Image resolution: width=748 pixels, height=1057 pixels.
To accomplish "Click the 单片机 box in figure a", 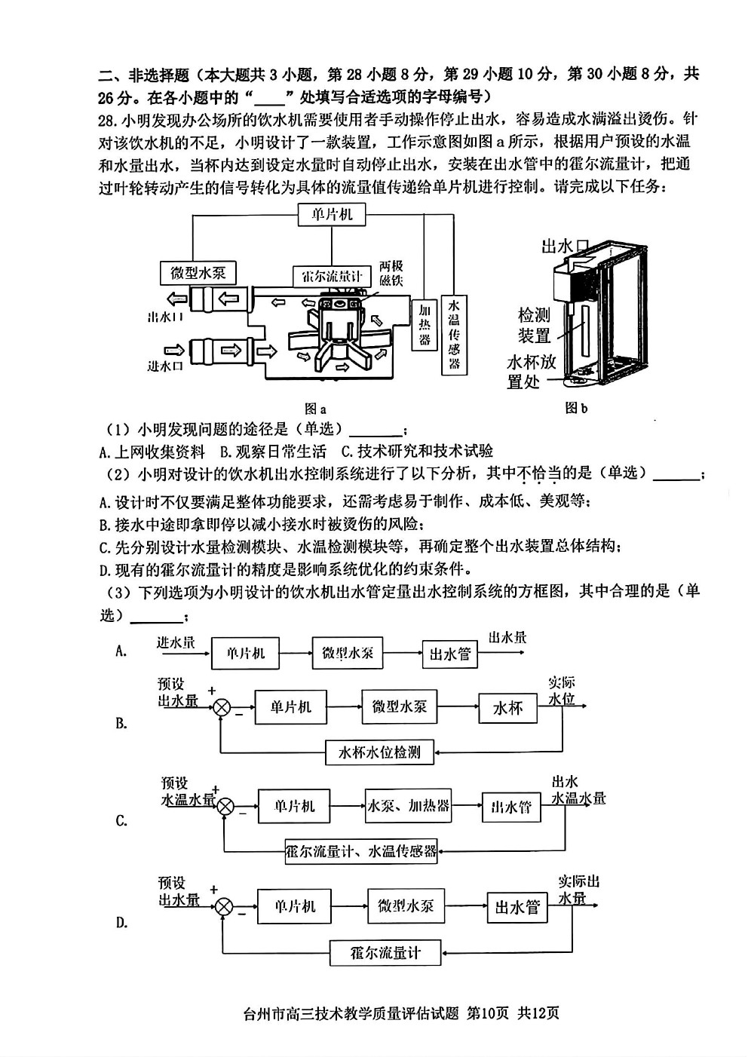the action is point(332,215).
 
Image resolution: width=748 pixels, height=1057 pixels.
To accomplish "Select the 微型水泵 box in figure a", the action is point(198,273).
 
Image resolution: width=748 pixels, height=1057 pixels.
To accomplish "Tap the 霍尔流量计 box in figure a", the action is point(332,276).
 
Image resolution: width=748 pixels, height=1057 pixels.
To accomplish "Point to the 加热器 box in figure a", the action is point(425,325).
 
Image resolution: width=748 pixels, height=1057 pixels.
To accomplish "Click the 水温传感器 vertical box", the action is point(454,335).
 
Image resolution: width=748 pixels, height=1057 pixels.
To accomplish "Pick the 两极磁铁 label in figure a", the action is point(391,273).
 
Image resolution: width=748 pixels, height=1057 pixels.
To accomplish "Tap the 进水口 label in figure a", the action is point(165,366).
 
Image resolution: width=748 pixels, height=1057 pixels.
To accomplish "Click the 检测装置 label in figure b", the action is point(534,326).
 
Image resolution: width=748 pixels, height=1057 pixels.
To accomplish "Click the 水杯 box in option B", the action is point(507,708).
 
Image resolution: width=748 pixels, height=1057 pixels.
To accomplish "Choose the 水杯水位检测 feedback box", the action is point(379,752).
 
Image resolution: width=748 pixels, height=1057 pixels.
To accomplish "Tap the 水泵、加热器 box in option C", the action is point(408,806).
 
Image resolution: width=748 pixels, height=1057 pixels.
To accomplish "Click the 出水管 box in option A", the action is point(449,654).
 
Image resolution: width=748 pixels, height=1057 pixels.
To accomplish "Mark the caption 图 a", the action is point(315,409).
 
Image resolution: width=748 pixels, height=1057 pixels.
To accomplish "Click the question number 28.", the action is point(106,121).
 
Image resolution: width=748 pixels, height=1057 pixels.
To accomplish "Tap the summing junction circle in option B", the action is point(222,708).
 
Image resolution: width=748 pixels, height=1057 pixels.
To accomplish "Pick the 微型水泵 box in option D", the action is point(406,905).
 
